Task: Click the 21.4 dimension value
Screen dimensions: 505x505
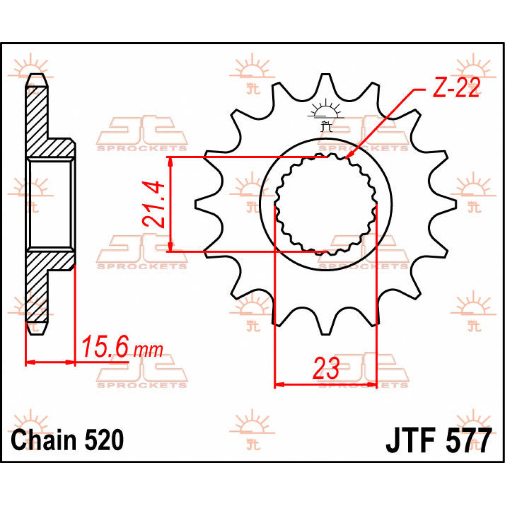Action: click(x=152, y=205)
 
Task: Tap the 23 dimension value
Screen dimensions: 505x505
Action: click(x=326, y=368)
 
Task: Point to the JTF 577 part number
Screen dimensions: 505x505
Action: click(x=439, y=441)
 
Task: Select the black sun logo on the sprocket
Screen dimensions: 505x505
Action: click(x=324, y=112)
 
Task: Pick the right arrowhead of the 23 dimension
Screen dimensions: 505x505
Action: click(x=371, y=384)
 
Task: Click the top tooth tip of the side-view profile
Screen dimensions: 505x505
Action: click(x=37, y=79)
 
